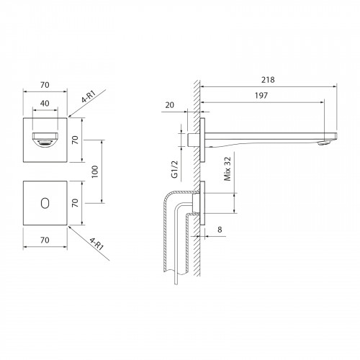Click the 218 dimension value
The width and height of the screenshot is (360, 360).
[268, 80]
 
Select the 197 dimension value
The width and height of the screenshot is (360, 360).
[261, 96]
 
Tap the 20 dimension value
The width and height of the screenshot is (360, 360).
[170, 105]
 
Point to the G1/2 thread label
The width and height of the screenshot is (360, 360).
[175, 169]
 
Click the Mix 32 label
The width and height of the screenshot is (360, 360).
[228, 168]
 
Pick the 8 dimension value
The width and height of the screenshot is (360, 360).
[220, 230]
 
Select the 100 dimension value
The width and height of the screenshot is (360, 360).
[95, 171]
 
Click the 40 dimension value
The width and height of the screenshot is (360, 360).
[45, 104]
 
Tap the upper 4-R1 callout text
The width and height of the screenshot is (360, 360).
[89, 96]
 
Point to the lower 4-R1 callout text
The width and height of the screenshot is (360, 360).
[96, 243]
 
